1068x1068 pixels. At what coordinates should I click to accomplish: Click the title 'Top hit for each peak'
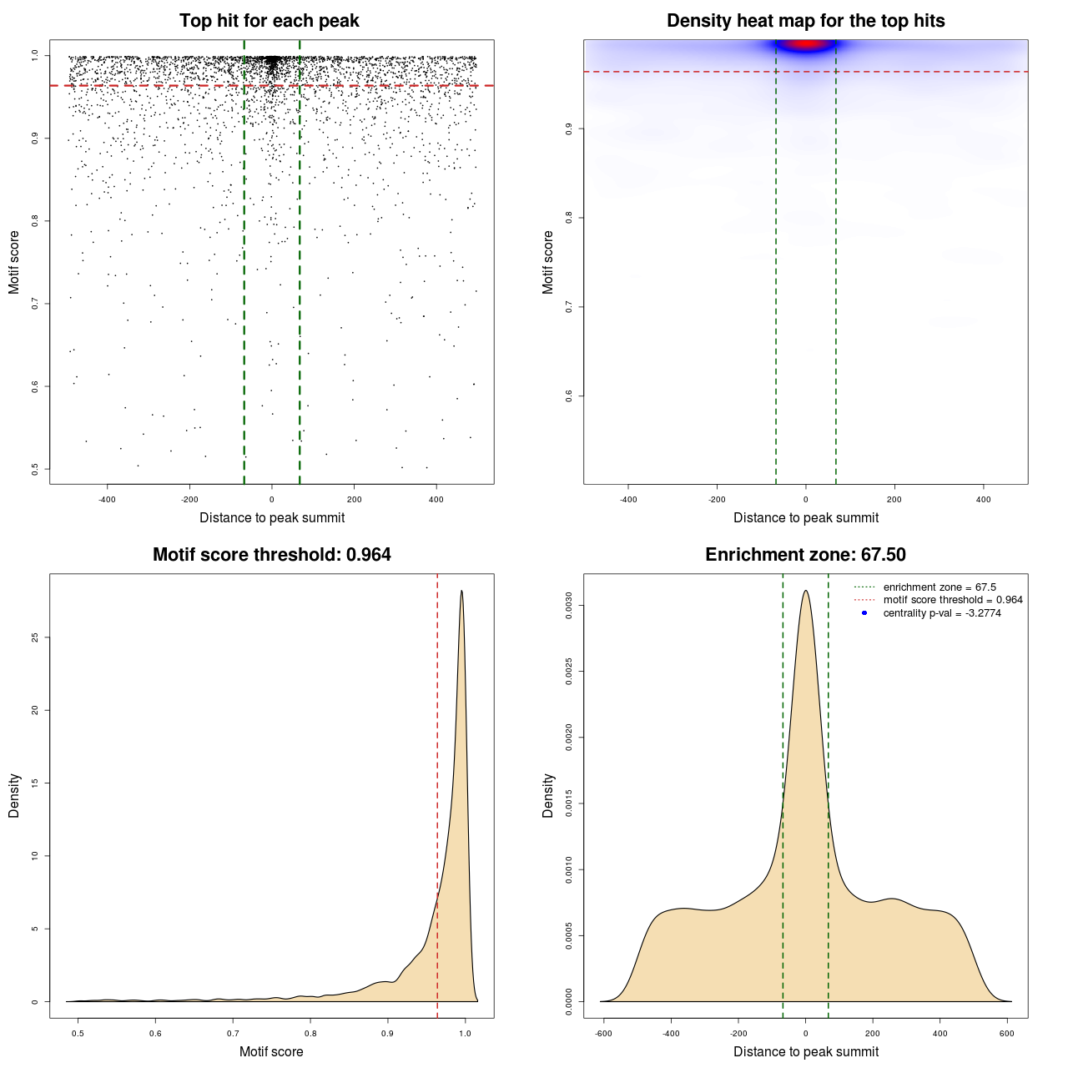269,21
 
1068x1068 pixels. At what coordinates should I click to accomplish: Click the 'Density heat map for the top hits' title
805,21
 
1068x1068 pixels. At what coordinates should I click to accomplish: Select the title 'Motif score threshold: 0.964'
271,555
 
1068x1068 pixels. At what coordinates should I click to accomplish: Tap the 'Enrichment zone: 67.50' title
805,555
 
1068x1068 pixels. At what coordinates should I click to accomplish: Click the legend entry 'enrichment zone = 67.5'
940,587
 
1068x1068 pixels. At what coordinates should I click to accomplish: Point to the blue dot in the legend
864,613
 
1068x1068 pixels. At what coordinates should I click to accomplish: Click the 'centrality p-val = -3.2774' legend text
942,613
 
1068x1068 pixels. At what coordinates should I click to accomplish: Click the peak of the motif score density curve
461,592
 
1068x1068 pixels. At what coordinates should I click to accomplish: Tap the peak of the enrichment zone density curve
805,591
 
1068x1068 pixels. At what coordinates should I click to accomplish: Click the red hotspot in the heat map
805,44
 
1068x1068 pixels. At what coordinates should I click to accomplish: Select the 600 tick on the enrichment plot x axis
1007,1033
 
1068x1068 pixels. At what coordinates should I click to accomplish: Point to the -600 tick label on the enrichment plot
603,1033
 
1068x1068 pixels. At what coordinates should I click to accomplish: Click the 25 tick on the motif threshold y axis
35,637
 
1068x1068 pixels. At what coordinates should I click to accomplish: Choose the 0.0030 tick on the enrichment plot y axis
569,605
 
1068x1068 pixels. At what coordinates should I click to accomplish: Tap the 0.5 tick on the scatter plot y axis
35,469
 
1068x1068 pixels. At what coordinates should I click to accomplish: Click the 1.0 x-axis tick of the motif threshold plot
466,1033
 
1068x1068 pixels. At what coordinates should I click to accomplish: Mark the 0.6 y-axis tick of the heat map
569,395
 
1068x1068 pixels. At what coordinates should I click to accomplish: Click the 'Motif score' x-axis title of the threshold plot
271,1051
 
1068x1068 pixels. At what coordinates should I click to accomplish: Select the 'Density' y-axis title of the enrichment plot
548,795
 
